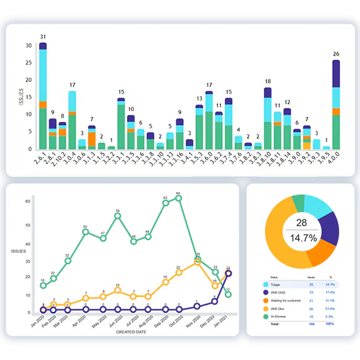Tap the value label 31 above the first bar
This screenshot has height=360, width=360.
pyautogui.click(x=43, y=37)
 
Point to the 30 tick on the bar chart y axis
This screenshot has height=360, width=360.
pyautogui.click(x=28, y=45)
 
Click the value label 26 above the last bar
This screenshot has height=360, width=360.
pyautogui.click(x=336, y=54)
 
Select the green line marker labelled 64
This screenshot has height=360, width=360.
pyautogui.click(x=179, y=198)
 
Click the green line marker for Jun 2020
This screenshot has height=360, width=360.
pyautogui.click(x=117, y=216)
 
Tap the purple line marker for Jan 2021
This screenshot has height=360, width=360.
pyautogui.click(x=228, y=273)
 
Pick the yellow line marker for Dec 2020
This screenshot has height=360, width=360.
pyautogui.click(x=215, y=285)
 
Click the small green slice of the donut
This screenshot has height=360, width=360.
pyautogui.click(x=299, y=203)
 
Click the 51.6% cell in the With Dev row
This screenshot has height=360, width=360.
pyautogui.click(x=328, y=308)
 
